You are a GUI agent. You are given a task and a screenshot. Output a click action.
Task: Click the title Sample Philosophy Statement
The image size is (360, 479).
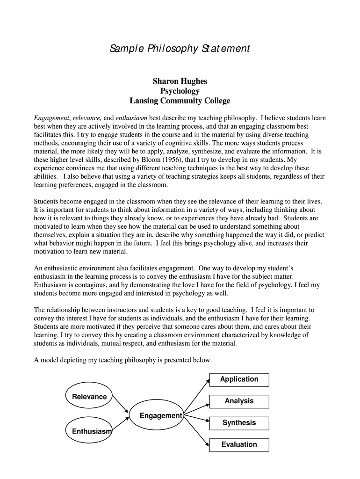(180, 49)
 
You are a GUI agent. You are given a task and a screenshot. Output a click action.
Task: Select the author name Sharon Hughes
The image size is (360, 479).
(180, 81)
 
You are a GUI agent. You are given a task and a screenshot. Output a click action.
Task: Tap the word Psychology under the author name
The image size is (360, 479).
(180, 91)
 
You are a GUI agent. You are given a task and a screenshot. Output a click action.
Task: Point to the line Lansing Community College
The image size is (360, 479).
(180, 101)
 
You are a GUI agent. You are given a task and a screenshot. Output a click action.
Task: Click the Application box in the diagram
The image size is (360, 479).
(239, 379)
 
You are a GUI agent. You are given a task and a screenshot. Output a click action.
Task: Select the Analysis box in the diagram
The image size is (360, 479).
(239, 401)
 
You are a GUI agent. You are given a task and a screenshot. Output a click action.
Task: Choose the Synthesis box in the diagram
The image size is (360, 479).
(239, 423)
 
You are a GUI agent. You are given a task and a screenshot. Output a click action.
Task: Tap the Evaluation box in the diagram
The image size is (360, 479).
(239, 444)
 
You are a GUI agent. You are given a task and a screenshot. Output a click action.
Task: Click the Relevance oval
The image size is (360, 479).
(89, 396)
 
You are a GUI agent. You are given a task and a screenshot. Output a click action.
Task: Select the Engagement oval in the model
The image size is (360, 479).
(156, 415)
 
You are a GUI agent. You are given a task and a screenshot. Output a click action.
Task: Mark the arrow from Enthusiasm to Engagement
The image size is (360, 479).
(121, 424)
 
